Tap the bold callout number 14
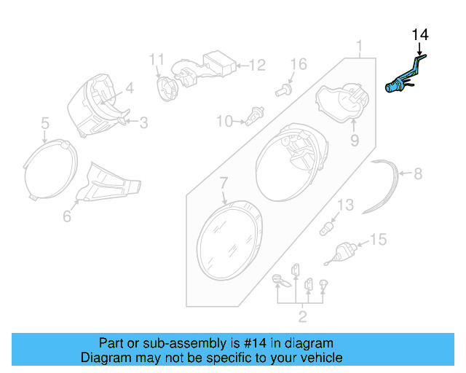[x=421, y=35]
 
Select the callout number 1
[x=359, y=49]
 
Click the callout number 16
[x=299, y=64]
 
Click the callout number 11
[x=157, y=59]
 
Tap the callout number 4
[x=129, y=89]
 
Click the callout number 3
[x=143, y=123]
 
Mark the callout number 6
[x=67, y=215]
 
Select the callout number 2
[x=302, y=316]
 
